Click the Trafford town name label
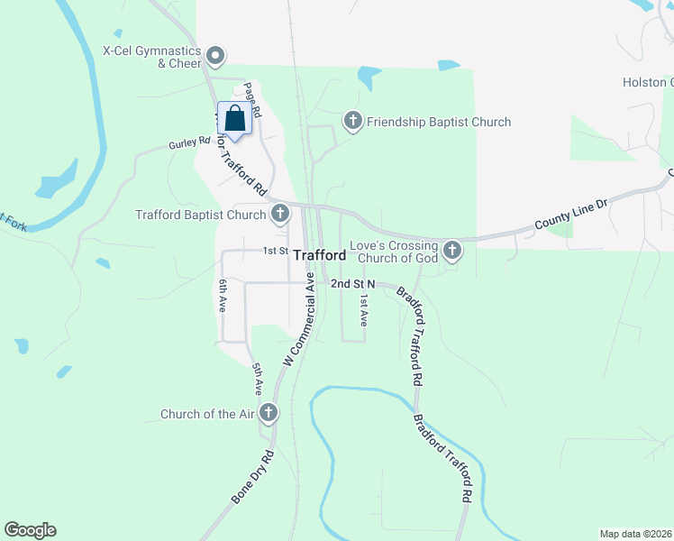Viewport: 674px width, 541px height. click(x=320, y=255)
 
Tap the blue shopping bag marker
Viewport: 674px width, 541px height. click(x=234, y=120)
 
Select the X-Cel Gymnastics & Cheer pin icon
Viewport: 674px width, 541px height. click(x=215, y=58)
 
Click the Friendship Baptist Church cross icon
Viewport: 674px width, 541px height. click(x=352, y=121)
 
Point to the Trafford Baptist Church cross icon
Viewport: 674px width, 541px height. click(x=280, y=215)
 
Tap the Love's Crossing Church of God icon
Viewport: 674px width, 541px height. click(x=451, y=251)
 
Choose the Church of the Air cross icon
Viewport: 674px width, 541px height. click(x=268, y=414)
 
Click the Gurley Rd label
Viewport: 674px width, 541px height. click(x=188, y=142)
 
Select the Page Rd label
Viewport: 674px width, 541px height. click(x=251, y=100)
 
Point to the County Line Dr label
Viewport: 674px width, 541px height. click(x=572, y=214)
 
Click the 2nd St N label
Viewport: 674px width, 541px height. click(x=352, y=283)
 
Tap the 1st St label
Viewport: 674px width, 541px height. click(x=274, y=251)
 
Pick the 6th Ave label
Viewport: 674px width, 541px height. click(x=223, y=298)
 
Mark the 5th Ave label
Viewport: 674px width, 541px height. click(x=257, y=379)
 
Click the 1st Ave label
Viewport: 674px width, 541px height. click(x=364, y=309)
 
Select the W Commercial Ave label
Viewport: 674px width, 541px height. click(x=302, y=320)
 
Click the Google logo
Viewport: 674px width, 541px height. click(x=30, y=530)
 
